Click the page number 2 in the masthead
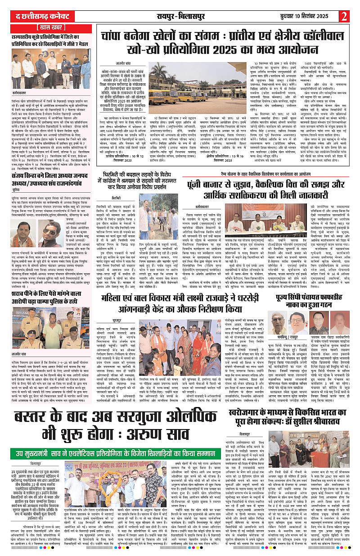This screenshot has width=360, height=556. pyautogui.click(x=345, y=16)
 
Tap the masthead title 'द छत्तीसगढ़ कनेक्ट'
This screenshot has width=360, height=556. pyautogui.click(x=34, y=16)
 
